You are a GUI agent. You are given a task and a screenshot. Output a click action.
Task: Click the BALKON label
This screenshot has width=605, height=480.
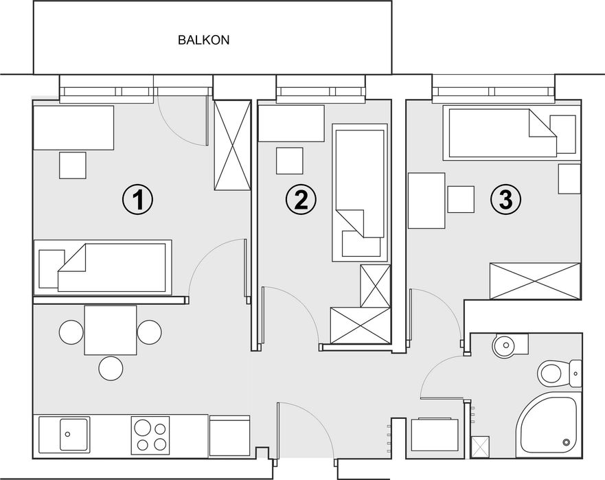click(x=203, y=40)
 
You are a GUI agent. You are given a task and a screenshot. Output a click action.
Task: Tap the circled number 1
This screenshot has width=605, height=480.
click(x=138, y=200)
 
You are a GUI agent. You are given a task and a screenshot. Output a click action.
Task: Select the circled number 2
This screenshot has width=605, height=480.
click(x=301, y=200)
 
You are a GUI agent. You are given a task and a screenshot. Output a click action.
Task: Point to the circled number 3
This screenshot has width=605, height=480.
click(x=506, y=200)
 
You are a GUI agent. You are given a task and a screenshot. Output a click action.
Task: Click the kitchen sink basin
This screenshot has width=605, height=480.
click(x=73, y=434)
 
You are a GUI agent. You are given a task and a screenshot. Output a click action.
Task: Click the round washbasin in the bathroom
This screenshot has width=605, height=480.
click(x=503, y=345)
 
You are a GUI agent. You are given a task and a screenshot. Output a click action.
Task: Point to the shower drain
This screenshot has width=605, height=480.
click(x=567, y=442)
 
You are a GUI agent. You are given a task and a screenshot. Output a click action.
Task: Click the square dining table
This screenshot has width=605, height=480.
click(x=111, y=330)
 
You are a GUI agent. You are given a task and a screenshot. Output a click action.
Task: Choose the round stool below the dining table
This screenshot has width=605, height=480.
click(x=111, y=368)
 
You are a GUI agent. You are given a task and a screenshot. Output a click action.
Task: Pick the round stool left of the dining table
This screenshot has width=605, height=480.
click(x=71, y=332)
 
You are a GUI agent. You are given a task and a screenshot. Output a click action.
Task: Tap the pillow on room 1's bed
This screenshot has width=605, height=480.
click(x=52, y=268)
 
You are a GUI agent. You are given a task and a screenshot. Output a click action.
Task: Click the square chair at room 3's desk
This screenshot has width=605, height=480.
click(x=461, y=198)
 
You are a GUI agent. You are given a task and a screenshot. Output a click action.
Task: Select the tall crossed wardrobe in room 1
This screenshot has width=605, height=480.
click(x=232, y=145)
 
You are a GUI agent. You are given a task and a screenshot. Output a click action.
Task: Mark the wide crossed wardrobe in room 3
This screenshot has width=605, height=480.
click(x=535, y=281)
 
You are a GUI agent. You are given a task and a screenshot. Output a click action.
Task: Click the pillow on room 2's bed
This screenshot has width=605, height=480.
click(x=361, y=244)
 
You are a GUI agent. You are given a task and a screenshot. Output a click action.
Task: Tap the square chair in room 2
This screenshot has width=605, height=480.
click(x=289, y=161)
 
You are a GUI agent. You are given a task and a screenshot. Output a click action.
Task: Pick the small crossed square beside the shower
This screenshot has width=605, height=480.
click(x=480, y=447)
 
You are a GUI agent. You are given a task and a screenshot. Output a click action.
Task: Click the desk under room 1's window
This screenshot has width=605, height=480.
click(x=73, y=128)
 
